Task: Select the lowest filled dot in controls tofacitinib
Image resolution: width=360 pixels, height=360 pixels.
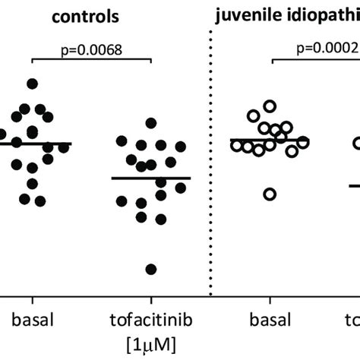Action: [151, 269]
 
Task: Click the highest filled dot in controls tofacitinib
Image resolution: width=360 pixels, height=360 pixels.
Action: [151, 123]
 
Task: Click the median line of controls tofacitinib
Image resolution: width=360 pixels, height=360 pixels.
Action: [151, 178]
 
